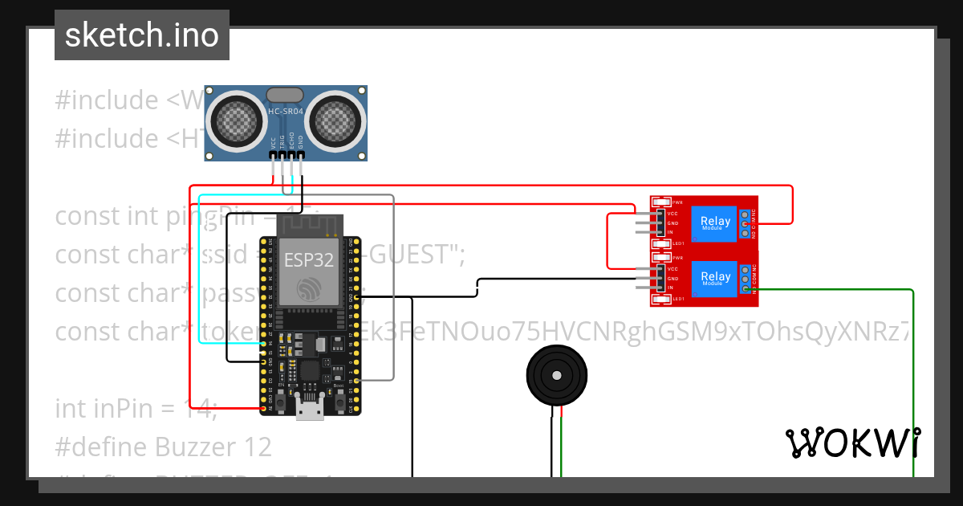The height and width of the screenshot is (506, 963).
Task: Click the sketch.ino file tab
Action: point(142,35)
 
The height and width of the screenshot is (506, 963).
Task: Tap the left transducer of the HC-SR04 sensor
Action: point(238,120)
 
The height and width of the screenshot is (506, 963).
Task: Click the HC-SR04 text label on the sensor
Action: point(286,111)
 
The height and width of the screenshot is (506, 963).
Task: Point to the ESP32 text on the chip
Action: point(310,260)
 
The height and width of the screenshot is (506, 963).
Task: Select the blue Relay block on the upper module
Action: point(715,224)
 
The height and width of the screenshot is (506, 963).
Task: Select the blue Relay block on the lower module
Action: point(715,279)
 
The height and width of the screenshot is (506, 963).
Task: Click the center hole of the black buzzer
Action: point(555,375)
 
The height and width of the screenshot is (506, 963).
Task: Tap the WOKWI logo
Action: point(852,443)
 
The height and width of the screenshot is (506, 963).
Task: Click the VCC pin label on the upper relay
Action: point(673,214)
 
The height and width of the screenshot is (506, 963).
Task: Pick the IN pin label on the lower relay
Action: point(671,288)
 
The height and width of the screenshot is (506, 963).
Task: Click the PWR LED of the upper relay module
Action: point(660,202)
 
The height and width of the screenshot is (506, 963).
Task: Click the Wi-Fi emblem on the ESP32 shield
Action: point(310,289)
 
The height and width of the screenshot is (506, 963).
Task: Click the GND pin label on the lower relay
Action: point(673,278)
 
